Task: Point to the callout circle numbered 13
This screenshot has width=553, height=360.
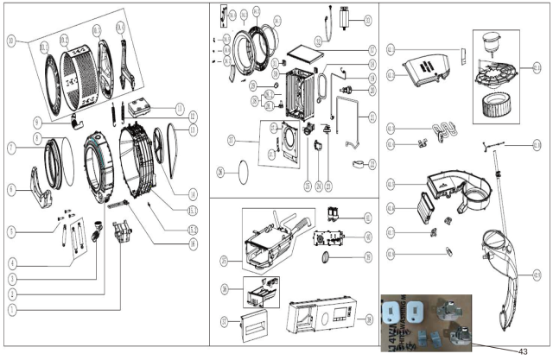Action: (x=193, y=129)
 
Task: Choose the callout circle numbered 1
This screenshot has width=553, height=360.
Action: (x=11, y=308)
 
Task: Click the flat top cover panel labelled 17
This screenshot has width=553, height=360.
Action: (x=306, y=53)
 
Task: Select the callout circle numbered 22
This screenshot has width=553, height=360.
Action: (x=372, y=163)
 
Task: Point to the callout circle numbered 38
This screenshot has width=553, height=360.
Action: (x=368, y=319)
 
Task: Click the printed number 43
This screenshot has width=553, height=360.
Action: (x=523, y=351)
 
